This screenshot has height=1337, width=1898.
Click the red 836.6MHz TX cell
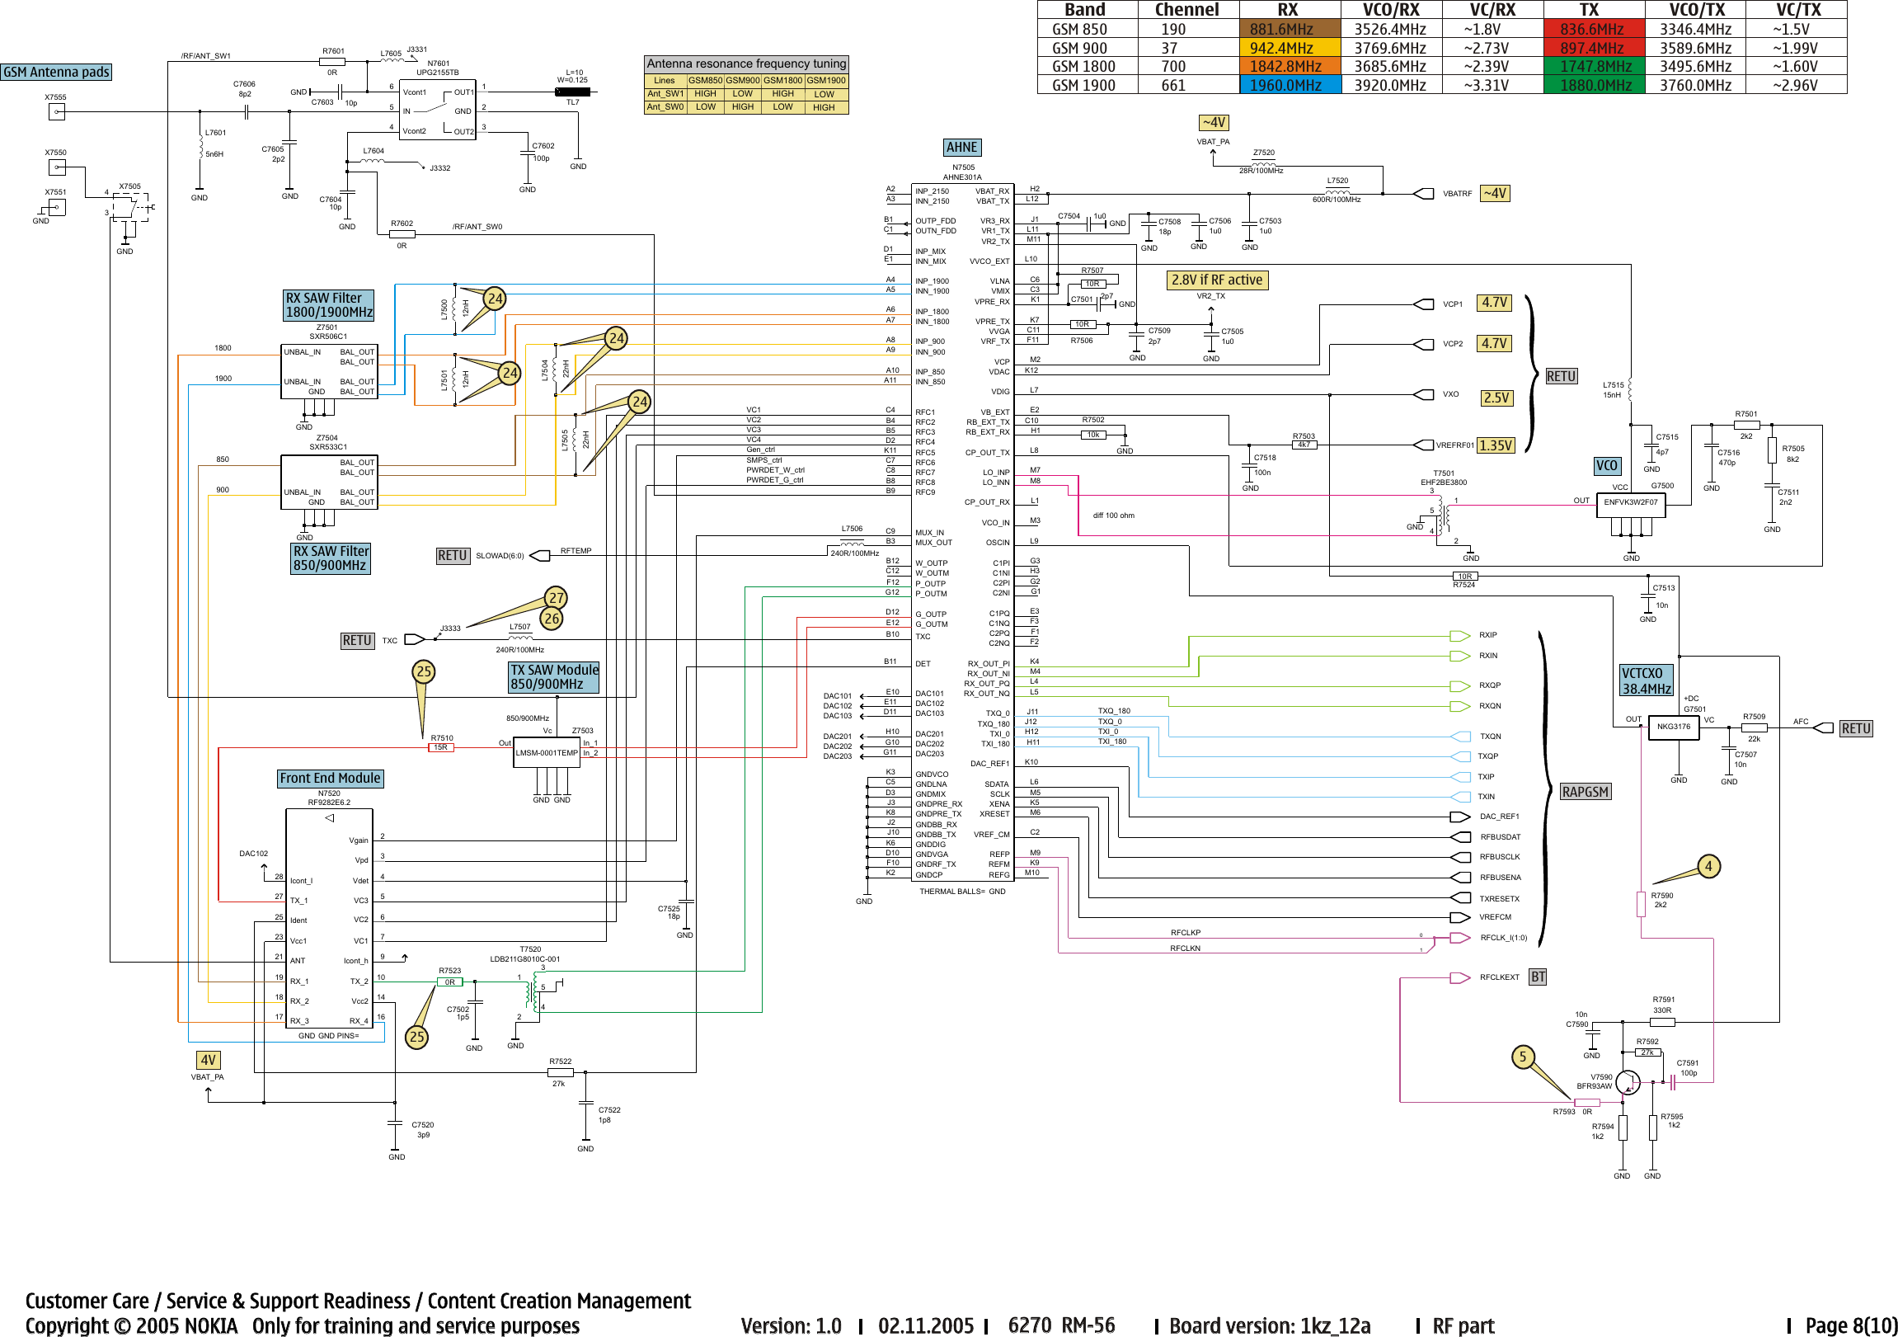click(1593, 29)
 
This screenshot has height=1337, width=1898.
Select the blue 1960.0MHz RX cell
click(1288, 85)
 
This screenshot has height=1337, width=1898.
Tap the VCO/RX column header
click(1390, 10)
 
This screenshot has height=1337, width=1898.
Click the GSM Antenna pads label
click(56, 72)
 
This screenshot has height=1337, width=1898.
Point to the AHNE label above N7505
click(961, 147)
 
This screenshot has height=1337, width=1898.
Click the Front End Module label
click(330, 778)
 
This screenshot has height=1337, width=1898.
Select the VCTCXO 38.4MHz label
click(1646, 680)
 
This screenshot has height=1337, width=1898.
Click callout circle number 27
click(557, 598)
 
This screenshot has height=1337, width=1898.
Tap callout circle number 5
click(1523, 1056)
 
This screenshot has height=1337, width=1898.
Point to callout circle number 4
click(1708, 866)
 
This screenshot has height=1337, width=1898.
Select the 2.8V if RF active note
click(1217, 280)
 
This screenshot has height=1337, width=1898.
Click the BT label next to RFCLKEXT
click(1538, 977)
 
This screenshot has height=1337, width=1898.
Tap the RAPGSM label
click(1585, 791)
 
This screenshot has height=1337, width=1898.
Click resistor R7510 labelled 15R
click(440, 747)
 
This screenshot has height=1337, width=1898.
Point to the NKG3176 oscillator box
click(1673, 727)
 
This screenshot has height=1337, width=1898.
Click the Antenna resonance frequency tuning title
click(745, 64)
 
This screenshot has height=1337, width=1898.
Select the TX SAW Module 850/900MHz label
click(554, 677)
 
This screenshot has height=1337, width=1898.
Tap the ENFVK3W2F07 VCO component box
click(1630, 502)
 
